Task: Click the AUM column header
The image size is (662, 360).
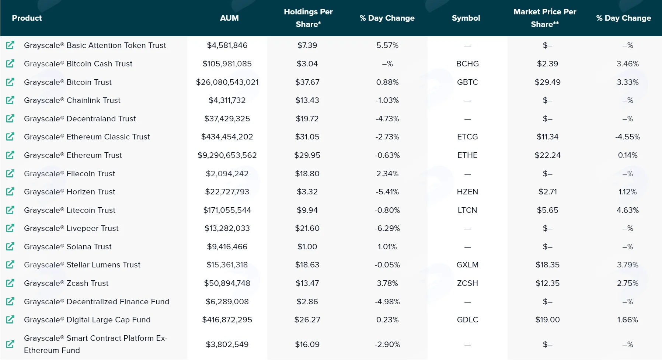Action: [229, 18]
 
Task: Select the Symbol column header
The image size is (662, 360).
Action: [466, 18]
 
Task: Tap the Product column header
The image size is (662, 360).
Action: [27, 18]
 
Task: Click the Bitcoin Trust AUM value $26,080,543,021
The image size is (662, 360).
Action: [227, 82]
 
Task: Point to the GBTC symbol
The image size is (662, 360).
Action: [467, 82]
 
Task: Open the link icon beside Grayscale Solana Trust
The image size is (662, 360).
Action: [10, 246]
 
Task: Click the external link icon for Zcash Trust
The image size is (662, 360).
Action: [10, 283]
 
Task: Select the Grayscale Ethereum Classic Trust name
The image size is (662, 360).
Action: [87, 137]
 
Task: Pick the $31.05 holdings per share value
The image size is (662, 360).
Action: [307, 137]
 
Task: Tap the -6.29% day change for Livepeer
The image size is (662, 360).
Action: [387, 228]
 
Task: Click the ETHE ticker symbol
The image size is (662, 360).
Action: [467, 155]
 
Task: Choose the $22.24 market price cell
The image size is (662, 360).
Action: [548, 155]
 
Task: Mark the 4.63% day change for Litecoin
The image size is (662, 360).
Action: [628, 210]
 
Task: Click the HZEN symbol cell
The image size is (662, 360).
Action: [467, 192]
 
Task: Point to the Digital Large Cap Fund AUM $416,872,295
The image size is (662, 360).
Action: [227, 320]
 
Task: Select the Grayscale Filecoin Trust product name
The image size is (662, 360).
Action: [70, 174]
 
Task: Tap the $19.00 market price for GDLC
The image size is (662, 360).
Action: [548, 320]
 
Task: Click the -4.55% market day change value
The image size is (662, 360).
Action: [628, 137]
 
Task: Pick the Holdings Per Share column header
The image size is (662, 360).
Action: [308, 18]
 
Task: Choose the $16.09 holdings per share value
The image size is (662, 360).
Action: [307, 345]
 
